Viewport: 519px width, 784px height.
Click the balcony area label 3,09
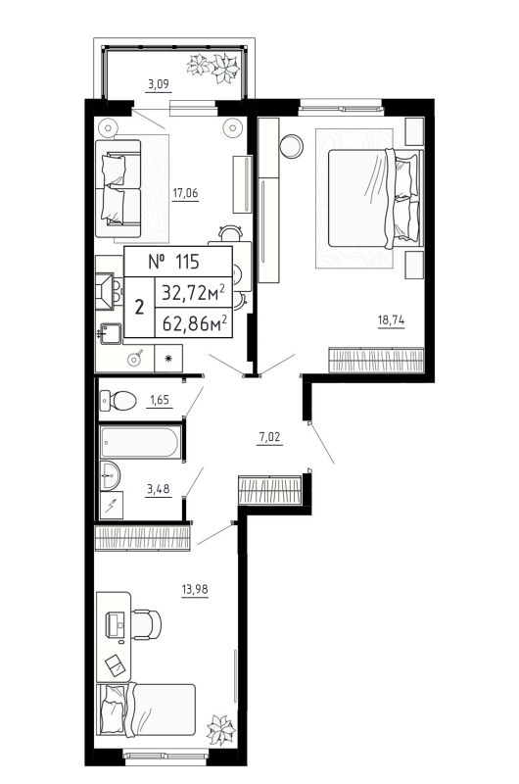pos(157,85)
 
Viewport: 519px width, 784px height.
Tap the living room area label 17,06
pos(185,192)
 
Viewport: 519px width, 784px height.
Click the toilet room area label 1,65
pos(160,399)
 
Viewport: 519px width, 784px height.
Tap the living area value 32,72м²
pos(194,291)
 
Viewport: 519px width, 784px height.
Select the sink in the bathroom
pos(110,477)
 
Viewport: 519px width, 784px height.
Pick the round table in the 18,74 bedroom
pos(292,146)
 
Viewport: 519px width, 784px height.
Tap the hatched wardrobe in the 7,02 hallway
pos(269,488)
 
